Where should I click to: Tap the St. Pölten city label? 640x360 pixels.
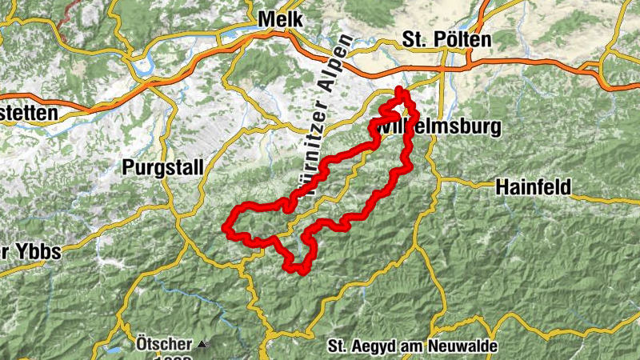[446, 39]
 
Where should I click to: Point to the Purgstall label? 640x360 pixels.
[162, 167]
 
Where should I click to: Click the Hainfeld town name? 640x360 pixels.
[532, 187]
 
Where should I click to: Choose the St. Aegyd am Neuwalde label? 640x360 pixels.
[413, 347]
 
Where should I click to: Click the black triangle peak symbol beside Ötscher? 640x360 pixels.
[202, 345]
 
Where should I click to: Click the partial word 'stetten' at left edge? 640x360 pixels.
[28, 113]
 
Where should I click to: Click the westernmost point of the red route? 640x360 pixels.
[226, 228]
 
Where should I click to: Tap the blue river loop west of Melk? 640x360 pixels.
[144, 66]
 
